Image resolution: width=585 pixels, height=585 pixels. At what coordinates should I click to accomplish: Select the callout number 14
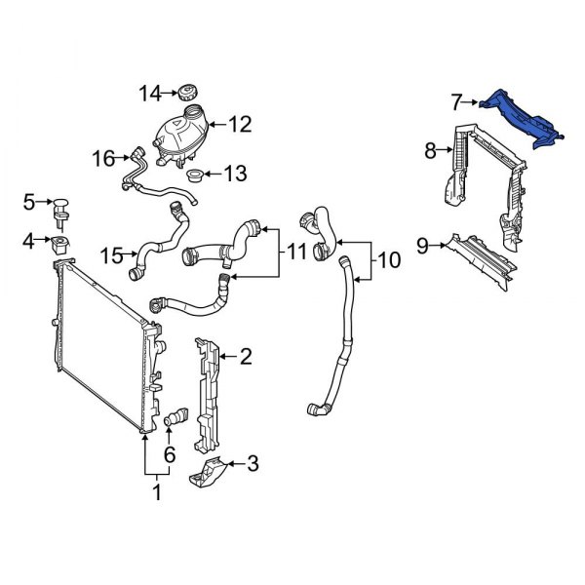[x=150, y=94]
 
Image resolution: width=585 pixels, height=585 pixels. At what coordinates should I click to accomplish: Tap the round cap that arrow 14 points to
[x=187, y=93]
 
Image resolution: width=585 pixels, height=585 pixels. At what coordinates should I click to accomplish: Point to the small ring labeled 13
[x=194, y=175]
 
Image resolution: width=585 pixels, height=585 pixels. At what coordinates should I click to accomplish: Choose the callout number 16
[x=103, y=158]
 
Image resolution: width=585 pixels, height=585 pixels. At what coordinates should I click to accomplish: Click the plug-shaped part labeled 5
[x=60, y=213]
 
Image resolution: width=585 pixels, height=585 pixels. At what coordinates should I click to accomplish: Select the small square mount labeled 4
[x=59, y=245]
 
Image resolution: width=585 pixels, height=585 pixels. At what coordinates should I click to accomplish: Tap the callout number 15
[x=111, y=255]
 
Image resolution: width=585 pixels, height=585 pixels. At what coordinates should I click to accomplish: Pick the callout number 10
[x=388, y=260]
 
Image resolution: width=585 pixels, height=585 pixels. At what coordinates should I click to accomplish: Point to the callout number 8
[x=430, y=151]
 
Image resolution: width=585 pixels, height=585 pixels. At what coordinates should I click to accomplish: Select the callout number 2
[x=246, y=357]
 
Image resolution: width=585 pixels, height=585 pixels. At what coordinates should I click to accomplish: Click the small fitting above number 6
[x=176, y=416]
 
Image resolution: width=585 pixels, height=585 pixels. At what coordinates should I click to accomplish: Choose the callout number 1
[x=157, y=492]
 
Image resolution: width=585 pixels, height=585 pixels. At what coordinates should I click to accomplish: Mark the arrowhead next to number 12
[x=212, y=125]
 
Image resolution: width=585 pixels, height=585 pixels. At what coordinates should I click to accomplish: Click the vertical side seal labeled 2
[x=206, y=396]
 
